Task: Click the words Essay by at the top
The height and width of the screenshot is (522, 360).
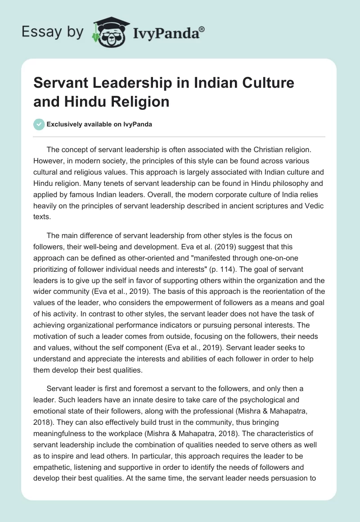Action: click(x=52, y=32)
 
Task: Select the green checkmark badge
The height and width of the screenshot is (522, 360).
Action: click(x=39, y=124)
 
